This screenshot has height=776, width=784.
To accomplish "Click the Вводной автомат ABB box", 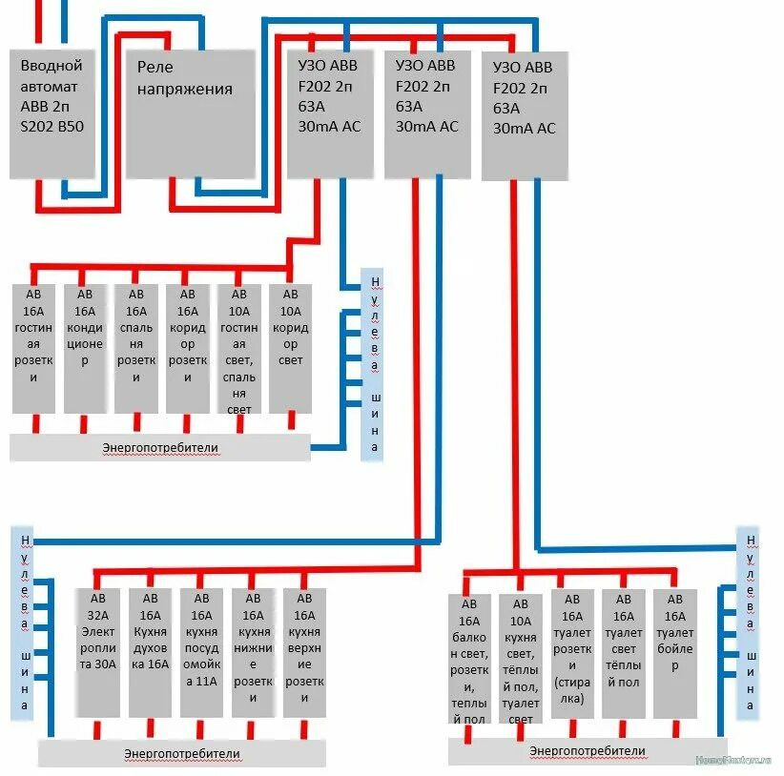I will (52, 112).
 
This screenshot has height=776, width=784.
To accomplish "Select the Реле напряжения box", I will (191, 112).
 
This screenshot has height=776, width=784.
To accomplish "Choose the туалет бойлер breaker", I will (675, 654).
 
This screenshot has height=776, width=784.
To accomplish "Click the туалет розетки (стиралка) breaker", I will (572, 654).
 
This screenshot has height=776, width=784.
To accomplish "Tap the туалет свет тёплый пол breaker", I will (624, 654).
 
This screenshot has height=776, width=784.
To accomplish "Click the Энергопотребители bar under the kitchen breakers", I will (181, 753).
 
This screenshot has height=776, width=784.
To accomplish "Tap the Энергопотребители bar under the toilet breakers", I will (587, 751).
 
